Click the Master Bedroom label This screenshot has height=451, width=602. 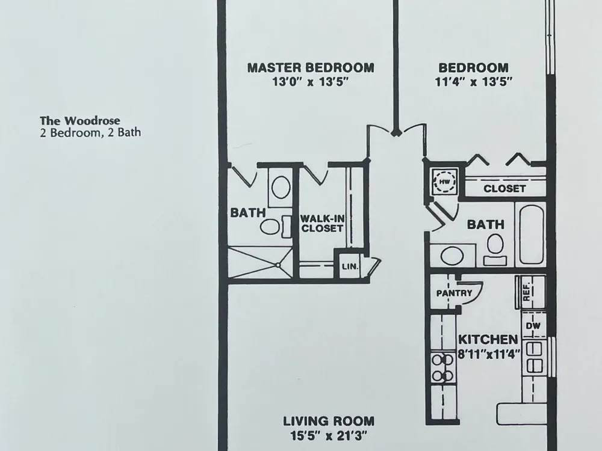pyautogui.click(x=310, y=68)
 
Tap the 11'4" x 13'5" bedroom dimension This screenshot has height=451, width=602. pyautogui.click(x=474, y=82)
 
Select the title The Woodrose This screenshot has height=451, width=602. pyautogui.click(x=80, y=121)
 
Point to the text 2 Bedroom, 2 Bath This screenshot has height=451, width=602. pyautogui.click(x=90, y=133)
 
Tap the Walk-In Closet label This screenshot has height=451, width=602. pyautogui.click(x=322, y=224)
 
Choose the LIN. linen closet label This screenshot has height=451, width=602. pyautogui.click(x=350, y=266)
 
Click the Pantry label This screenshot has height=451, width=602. pyautogui.click(x=454, y=293)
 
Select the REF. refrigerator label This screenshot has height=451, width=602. pyautogui.click(x=526, y=292)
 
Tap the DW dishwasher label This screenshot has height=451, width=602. pyautogui.click(x=533, y=326)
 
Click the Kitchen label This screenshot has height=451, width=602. pyautogui.click(x=488, y=339)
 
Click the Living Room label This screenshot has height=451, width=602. pyautogui.click(x=329, y=421)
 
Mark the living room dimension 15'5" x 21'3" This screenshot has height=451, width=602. pyautogui.click(x=329, y=435)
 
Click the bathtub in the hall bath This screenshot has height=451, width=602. pyautogui.click(x=532, y=235)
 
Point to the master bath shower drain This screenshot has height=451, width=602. pyautogui.click(x=279, y=265)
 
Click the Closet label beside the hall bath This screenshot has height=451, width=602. pyautogui.click(x=504, y=189)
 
